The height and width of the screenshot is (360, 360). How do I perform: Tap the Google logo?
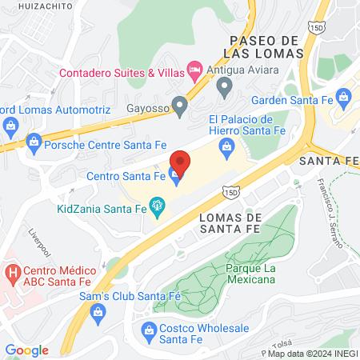(x=26, y=350)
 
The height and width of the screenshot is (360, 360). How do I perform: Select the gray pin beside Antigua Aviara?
(x=224, y=86)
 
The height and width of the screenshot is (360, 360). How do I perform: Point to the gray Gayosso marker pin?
(x=181, y=105)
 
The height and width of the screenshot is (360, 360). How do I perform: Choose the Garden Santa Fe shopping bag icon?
(x=345, y=100)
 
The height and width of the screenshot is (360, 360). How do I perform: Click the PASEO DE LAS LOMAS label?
(x=263, y=46)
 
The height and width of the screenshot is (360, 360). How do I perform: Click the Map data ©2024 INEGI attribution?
(x=311, y=353)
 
